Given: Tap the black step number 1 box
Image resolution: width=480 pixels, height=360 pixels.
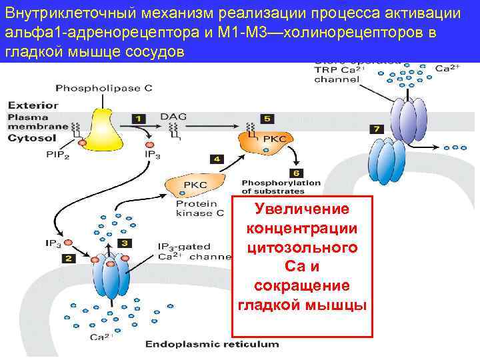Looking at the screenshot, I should click(x=140, y=119).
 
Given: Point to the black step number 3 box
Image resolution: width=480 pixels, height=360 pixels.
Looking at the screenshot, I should click(x=125, y=243).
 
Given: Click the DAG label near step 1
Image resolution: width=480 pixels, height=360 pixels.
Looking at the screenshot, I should click(x=173, y=117).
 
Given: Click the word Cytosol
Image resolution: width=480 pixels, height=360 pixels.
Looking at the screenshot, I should click(x=29, y=139).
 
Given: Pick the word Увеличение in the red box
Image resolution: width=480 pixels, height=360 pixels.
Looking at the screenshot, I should click(x=302, y=209).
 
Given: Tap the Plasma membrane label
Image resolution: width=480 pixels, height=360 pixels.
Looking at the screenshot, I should click(x=37, y=121).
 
